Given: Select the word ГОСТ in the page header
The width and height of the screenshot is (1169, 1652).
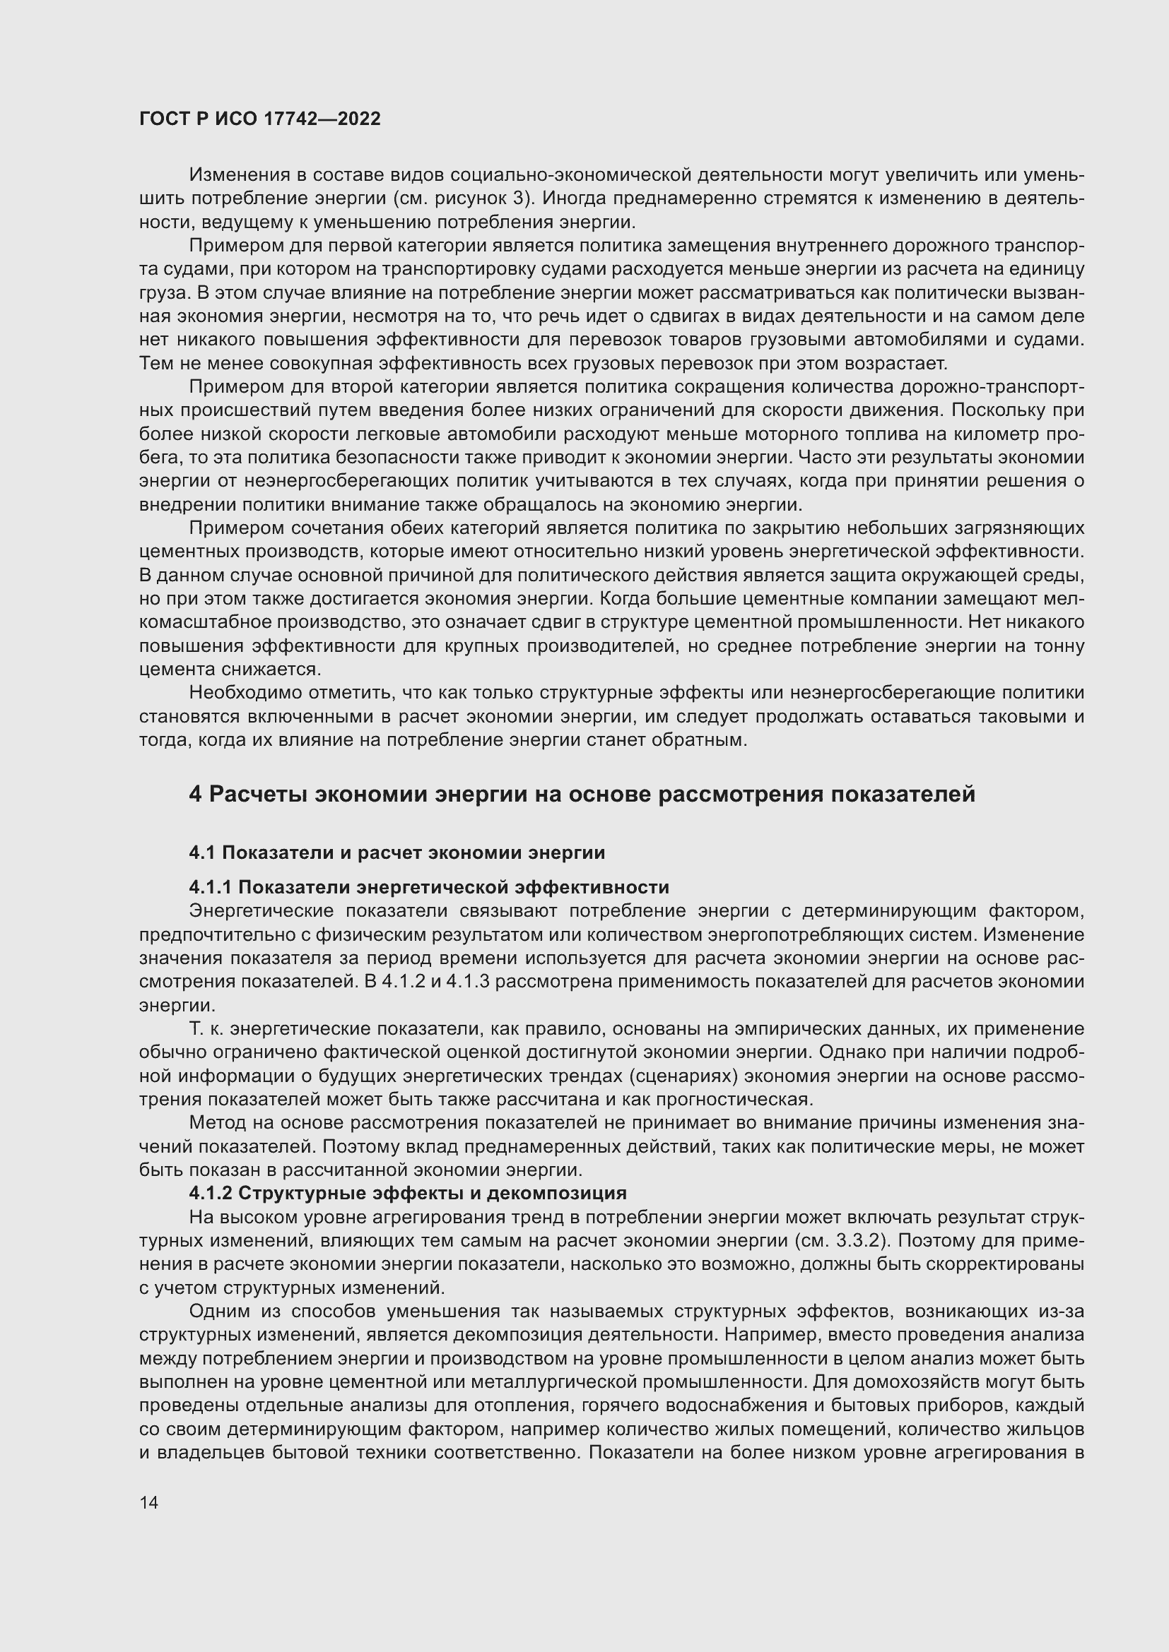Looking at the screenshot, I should (163, 119).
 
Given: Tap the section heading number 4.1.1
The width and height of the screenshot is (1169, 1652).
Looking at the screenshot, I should (210, 887).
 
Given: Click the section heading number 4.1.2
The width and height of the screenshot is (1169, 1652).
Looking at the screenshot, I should (210, 1193).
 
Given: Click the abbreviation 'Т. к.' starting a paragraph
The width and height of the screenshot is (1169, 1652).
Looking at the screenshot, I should (206, 1029).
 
